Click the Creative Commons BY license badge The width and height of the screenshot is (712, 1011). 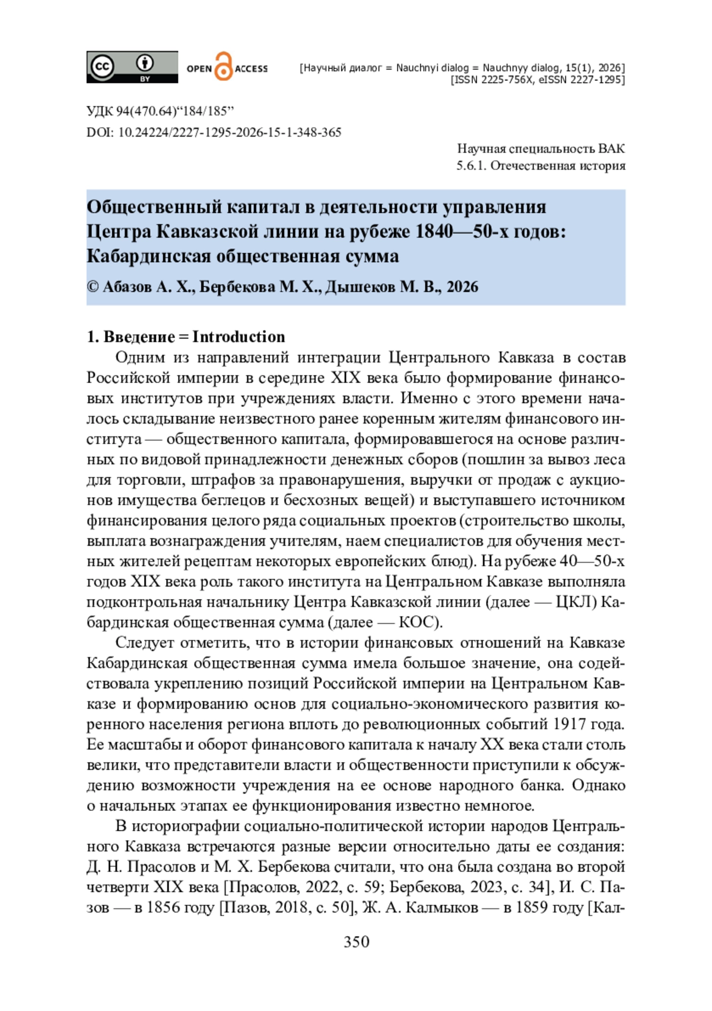pyautogui.click(x=132, y=66)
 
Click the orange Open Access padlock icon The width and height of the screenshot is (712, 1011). pyautogui.click(x=223, y=66)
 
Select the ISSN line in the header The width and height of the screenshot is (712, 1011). pyautogui.click(x=538, y=80)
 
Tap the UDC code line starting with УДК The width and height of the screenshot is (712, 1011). pyautogui.click(x=160, y=111)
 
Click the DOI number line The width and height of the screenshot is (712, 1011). pyautogui.click(x=214, y=132)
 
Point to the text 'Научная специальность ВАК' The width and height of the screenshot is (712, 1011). pyautogui.click(x=541, y=148)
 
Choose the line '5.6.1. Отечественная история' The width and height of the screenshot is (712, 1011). pyautogui.click(x=541, y=166)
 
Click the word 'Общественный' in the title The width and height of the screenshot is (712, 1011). pyautogui.click(x=152, y=207)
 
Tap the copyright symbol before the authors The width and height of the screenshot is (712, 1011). pyautogui.click(x=93, y=287)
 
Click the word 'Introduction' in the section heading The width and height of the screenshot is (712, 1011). pyautogui.click(x=239, y=337)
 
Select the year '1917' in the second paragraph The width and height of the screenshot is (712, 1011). pyautogui.click(x=569, y=724)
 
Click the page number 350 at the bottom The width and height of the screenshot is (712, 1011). pyautogui.click(x=356, y=942)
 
